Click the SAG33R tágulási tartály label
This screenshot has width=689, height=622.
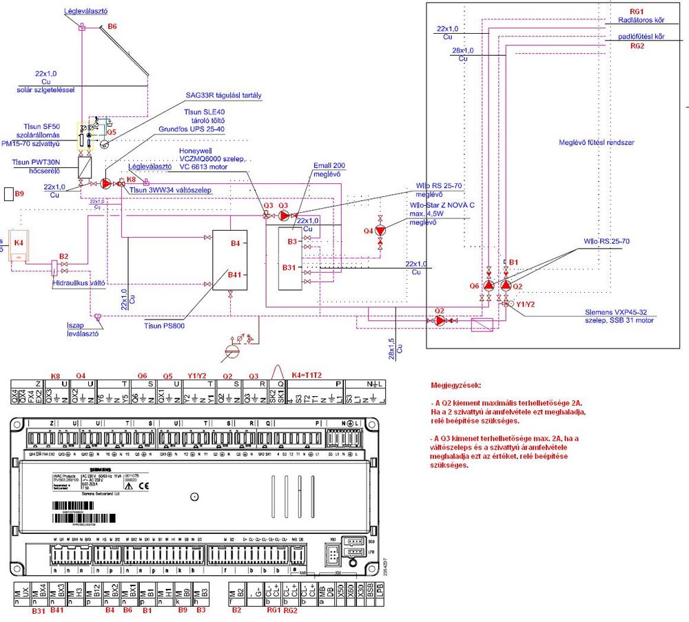[224, 95]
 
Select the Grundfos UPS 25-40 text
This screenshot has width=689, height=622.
[192, 129]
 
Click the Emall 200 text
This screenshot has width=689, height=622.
[329, 165]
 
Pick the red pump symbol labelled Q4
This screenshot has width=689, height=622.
[379, 231]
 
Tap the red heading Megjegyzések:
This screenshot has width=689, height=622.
[457, 385]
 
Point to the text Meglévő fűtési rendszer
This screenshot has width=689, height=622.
[596, 143]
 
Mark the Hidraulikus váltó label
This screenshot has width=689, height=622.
[79, 282]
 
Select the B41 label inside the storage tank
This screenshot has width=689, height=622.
[235, 275]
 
